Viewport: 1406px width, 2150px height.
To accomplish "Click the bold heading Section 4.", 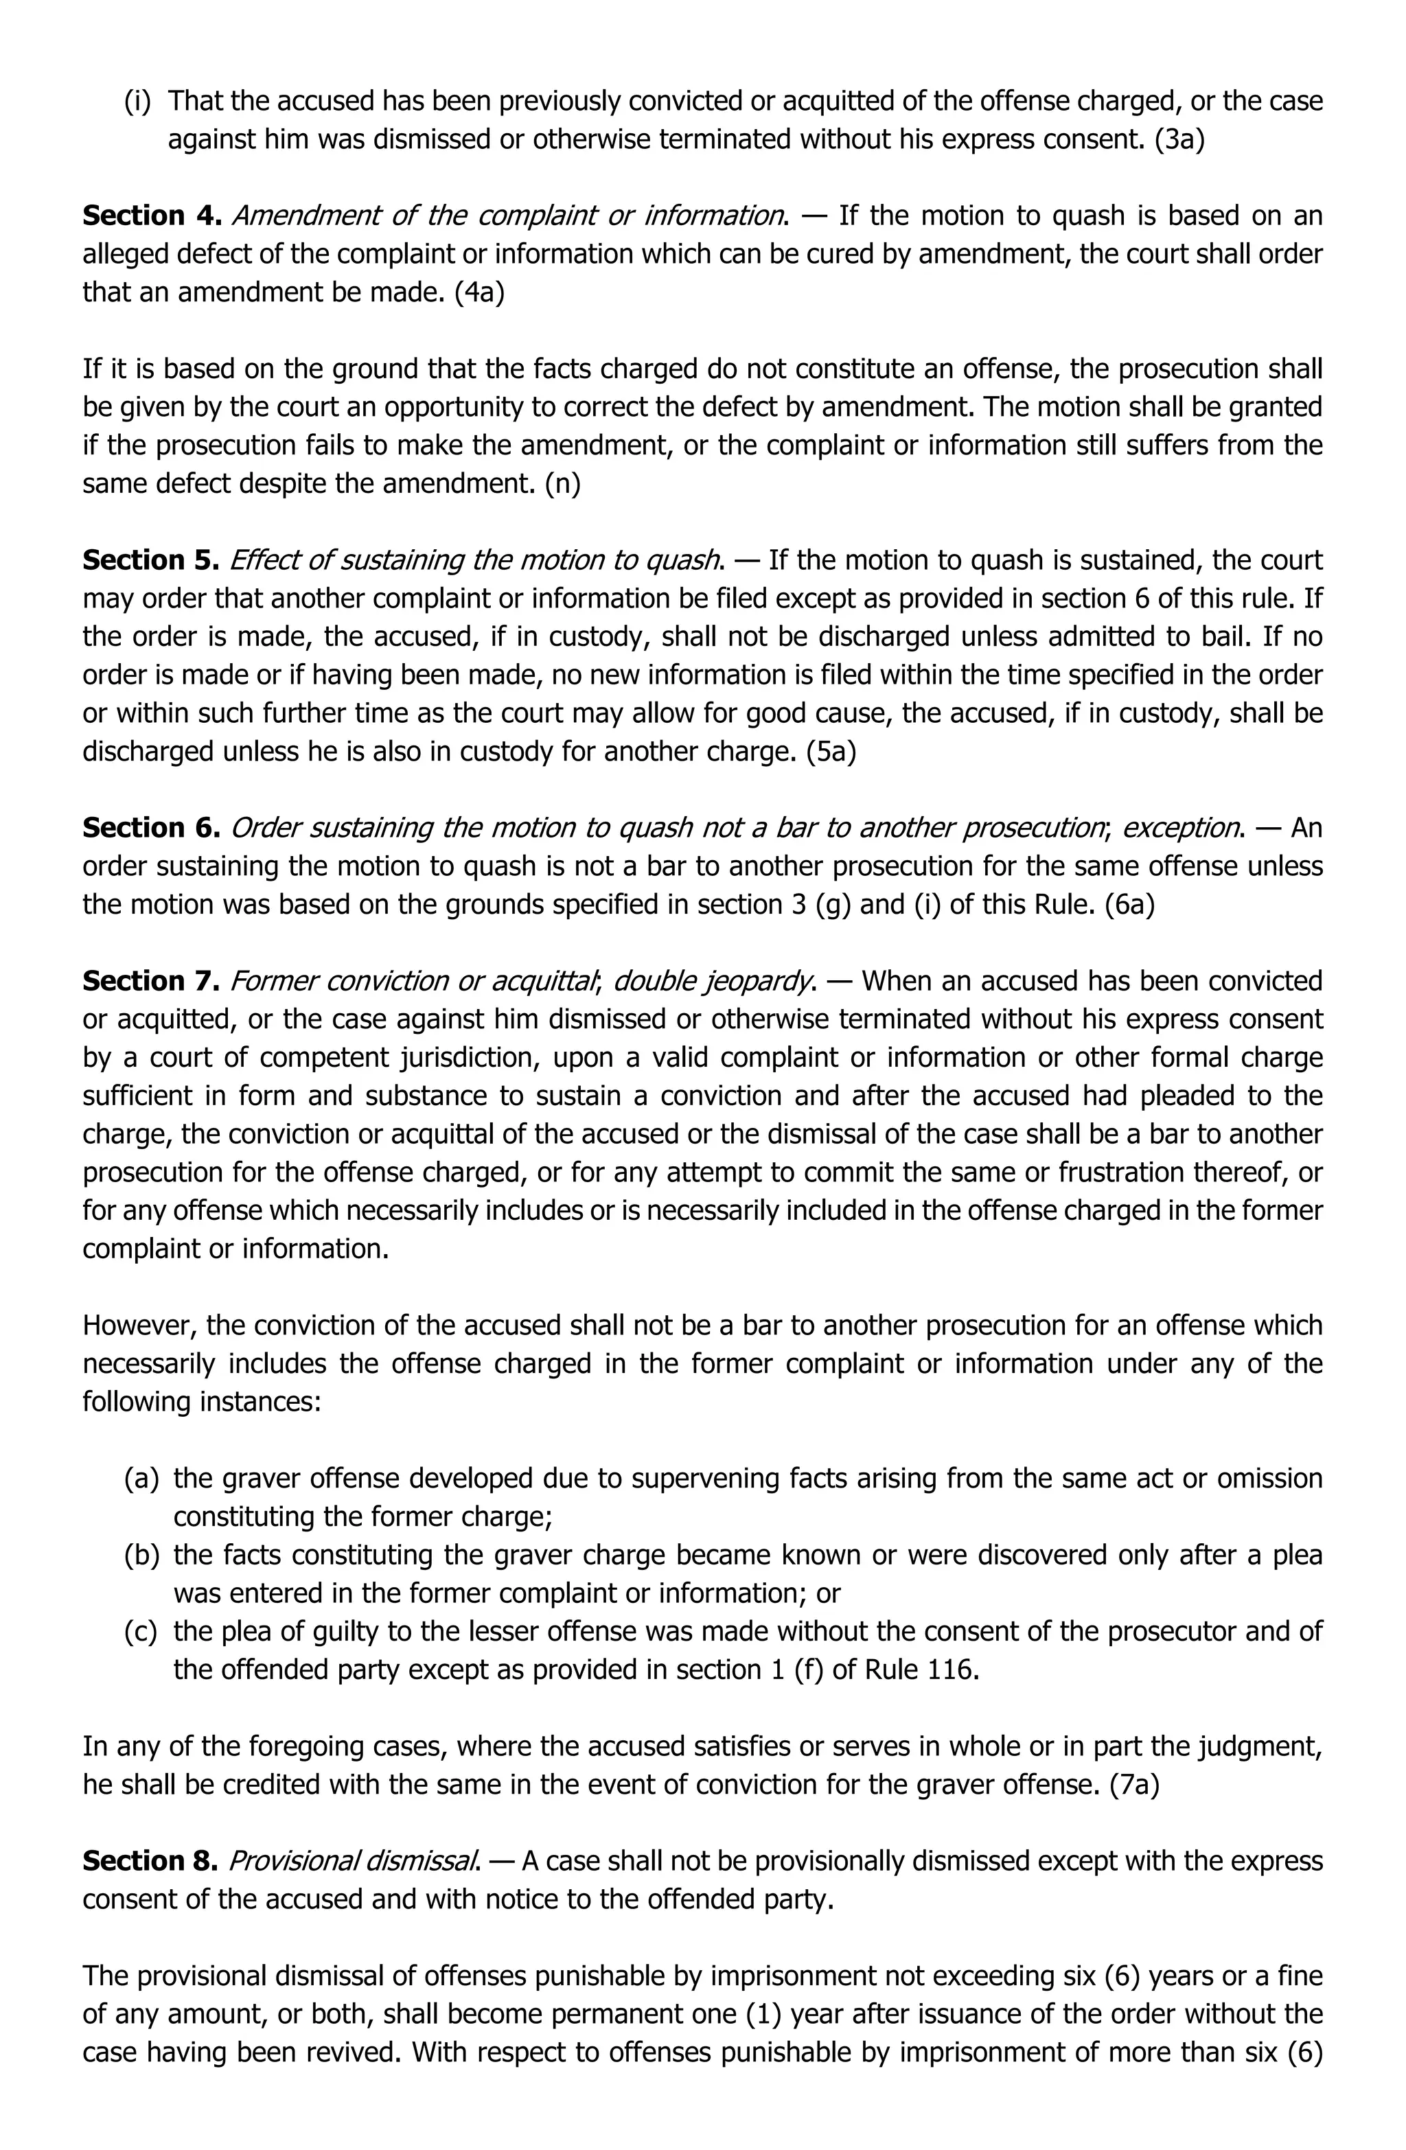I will tap(152, 216).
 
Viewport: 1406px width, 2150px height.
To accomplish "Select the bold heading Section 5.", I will tap(152, 560).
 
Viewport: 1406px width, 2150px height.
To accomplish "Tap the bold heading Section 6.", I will tap(152, 827).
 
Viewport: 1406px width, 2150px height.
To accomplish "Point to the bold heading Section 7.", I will tap(152, 981).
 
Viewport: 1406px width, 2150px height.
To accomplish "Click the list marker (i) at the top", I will tap(137, 101).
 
